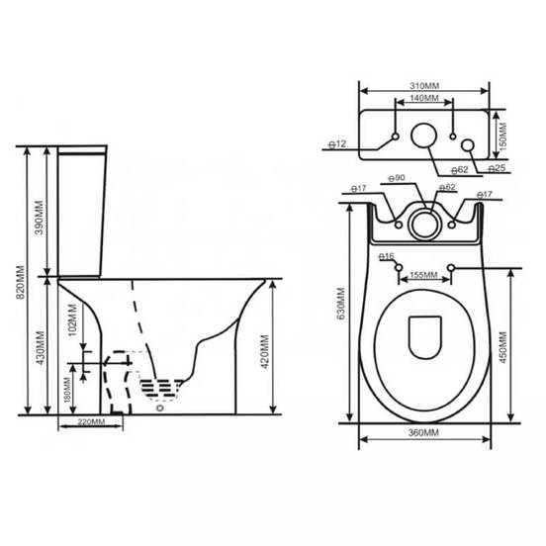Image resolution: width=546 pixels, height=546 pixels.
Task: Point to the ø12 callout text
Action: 339,144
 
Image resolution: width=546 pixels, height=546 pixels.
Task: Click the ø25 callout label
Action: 497,169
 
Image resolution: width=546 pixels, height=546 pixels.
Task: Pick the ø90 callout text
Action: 396,178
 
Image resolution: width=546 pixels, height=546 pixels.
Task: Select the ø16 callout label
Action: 387,255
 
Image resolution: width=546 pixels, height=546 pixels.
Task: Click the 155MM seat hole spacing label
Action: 423,275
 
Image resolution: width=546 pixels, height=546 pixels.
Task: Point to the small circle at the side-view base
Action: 158,406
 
